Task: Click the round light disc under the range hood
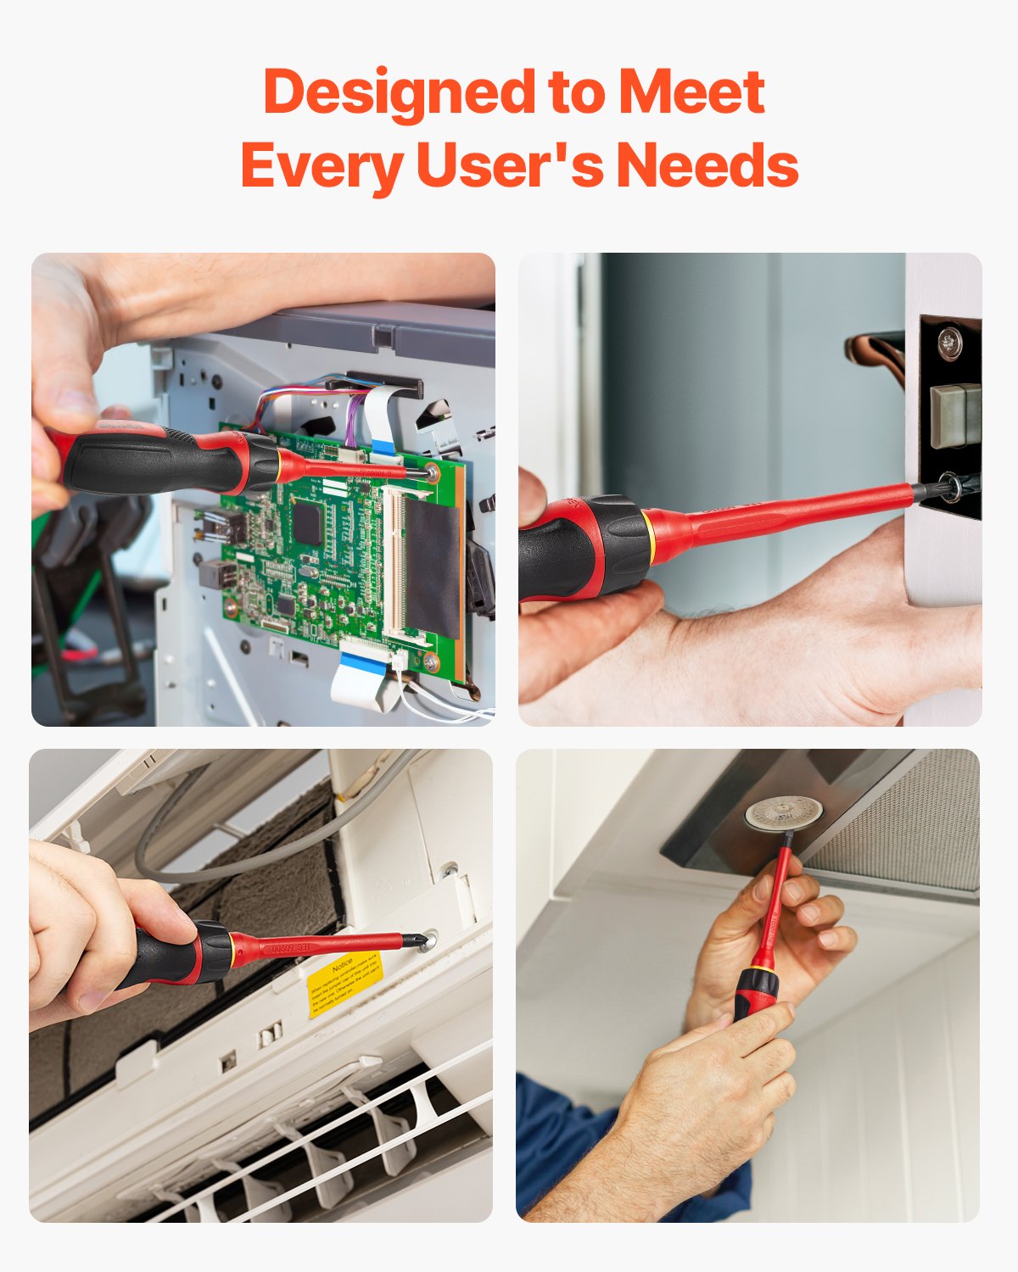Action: point(783,813)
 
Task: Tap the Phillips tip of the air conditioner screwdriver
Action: point(416,940)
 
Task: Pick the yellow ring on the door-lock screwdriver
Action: point(649,537)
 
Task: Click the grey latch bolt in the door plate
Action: point(955,415)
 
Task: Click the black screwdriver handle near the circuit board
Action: point(153,462)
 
